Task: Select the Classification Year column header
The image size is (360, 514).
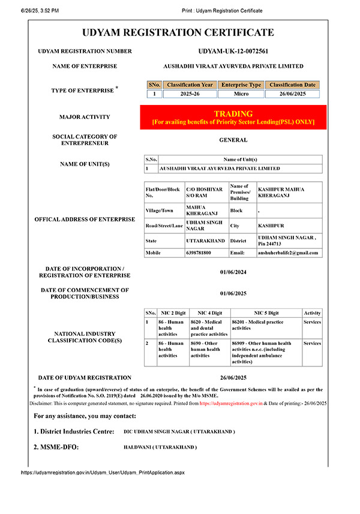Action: pyautogui.click(x=190, y=85)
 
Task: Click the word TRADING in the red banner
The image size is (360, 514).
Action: pyautogui.click(x=233, y=113)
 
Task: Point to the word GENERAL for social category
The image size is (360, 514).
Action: pyautogui.click(x=233, y=140)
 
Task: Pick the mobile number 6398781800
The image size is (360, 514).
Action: pyautogui.click(x=199, y=253)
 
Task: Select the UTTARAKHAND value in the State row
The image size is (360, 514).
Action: pyautogui.click(x=206, y=240)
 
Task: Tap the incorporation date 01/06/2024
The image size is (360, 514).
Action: pyautogui.click(x=233, y=272)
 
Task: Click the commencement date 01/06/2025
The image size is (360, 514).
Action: pyautogui.click(x=233, y=293)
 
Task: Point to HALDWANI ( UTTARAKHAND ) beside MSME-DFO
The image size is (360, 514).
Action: pyautogui.click(x=160, y=447)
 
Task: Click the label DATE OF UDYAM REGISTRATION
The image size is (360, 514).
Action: pyautogui.click(x=85, y=378)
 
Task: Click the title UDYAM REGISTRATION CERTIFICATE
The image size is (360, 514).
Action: pyautogui.click(x=178, y=32)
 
